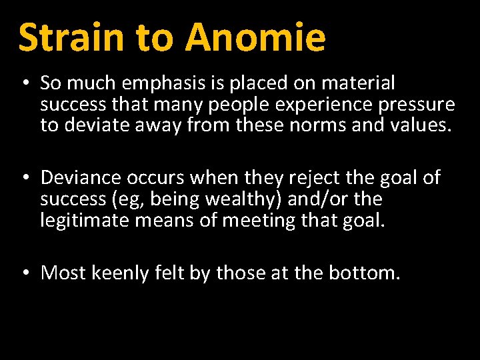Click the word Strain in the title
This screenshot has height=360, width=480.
[x=71, y=37]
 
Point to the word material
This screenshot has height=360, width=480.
[x=358, y=83]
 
